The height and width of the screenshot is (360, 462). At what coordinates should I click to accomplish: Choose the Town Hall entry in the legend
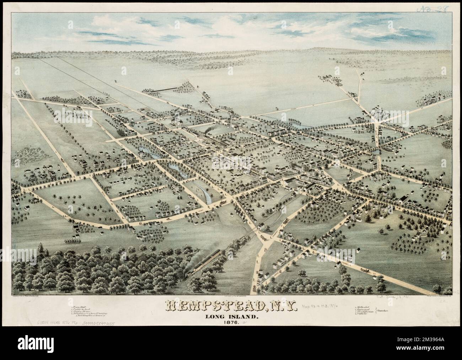[x=77, y=300]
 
